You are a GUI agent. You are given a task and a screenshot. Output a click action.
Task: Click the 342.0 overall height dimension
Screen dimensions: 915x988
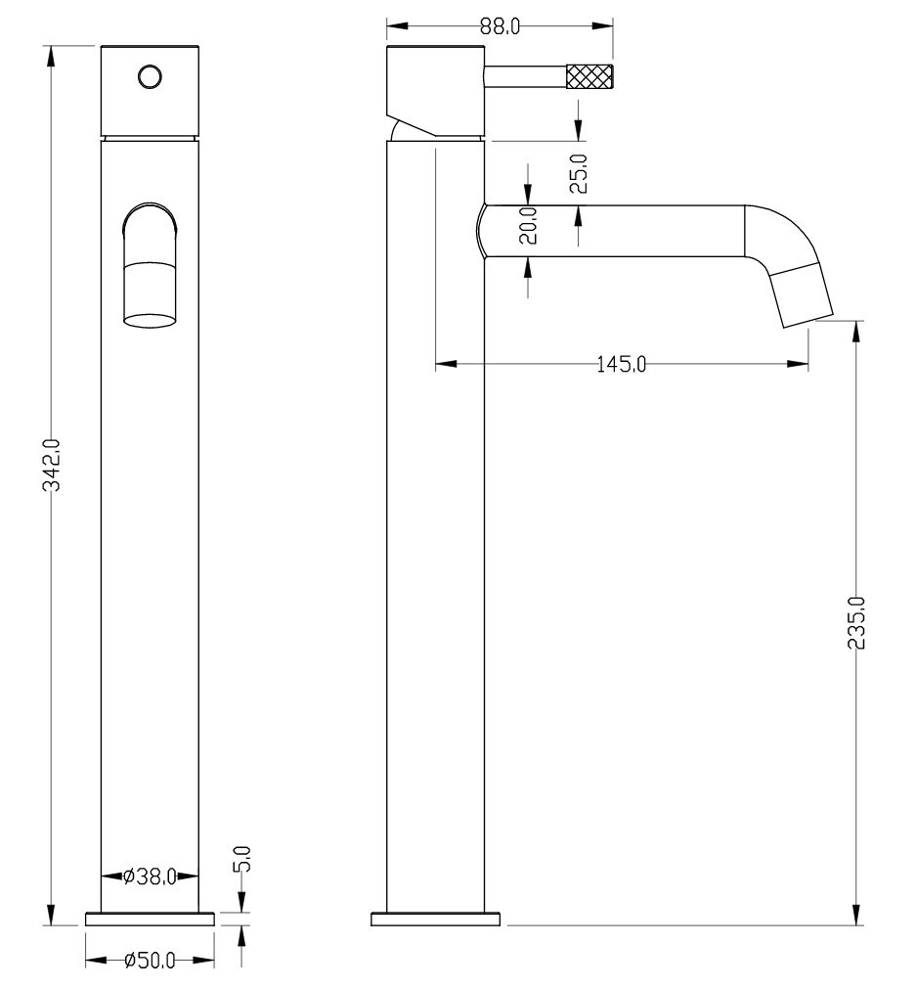(x=52, y=465)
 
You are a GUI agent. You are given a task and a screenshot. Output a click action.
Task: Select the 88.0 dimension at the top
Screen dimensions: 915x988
(x=500, y=25)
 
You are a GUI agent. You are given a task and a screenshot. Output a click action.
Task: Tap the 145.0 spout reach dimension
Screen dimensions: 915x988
(x=621, y=364)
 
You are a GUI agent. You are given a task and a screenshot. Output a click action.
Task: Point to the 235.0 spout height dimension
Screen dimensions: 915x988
(x=856, y=622)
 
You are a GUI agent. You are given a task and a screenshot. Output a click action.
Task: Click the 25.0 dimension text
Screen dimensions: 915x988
(x=578, y=174)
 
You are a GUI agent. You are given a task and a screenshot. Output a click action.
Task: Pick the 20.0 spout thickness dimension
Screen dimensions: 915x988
(x=528, y=226)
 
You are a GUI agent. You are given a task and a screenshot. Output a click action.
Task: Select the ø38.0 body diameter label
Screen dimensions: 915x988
(x=150, y=876)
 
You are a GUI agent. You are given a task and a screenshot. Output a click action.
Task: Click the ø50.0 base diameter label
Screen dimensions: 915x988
(x=150, y=961)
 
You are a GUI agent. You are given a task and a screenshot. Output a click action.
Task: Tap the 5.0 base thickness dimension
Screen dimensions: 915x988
(x=243, y=859)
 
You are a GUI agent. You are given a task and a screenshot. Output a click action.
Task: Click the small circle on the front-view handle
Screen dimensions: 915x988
(x=150, y=77)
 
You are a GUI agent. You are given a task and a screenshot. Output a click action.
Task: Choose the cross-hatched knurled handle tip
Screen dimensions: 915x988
(x=589, y=76)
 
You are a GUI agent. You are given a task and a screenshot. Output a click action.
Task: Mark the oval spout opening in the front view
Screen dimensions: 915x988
(x=150, y=321)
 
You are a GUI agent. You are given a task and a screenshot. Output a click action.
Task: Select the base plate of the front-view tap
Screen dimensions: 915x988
(x=150, y=919)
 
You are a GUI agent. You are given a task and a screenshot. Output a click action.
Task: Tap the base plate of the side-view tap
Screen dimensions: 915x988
(x=435, y=919)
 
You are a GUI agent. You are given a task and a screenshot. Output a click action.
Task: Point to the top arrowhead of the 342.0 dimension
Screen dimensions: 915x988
(x=52, y=58)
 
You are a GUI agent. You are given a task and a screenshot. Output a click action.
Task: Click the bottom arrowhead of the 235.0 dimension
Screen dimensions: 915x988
(x=856, y=915)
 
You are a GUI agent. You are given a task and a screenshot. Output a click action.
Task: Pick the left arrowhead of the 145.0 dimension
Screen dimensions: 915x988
(x=447, y=364)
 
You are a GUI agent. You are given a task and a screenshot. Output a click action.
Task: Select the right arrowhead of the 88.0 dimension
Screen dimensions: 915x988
(x=601, y=25)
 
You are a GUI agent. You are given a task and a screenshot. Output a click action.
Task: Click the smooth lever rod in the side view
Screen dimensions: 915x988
(x=526, y=76)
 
